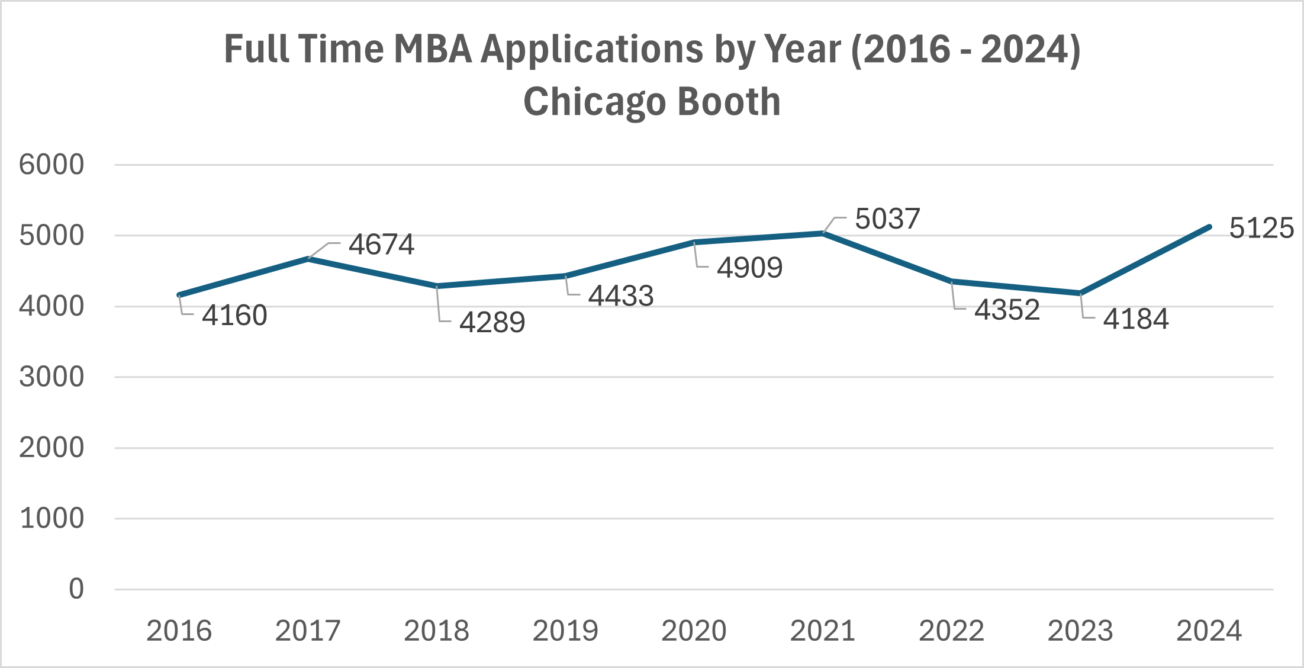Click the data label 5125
[1261, 229]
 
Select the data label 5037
[887, 219]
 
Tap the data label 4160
[234, 316]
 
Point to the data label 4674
[381, 245]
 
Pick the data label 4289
[492, 323]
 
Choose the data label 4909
[749, 268]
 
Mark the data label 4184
[1135, 320]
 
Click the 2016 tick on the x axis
[179, 631]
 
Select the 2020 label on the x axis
[694, 631]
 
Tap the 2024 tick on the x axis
[1209, 631]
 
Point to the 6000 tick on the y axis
[51, 165]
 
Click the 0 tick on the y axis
[76, 589]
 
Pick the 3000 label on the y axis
[51, 377]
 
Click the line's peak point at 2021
[823, 233]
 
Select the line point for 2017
[308, 259]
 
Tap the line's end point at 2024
[1209, 227]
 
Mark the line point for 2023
[1080, 293]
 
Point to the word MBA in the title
[432, 49]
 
